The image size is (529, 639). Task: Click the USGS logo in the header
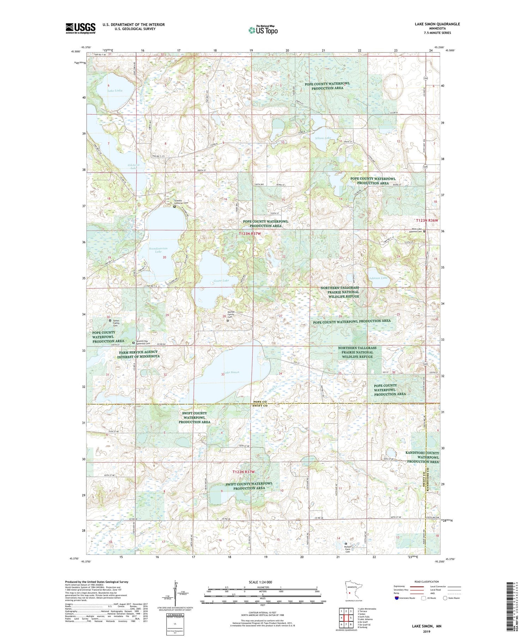(80, 28)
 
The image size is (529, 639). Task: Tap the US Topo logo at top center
(263, 30)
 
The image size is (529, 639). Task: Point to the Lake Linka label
(115, 91)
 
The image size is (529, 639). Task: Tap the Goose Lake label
(221, 281)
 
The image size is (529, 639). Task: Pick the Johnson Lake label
(378, 278)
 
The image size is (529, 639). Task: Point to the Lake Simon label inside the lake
(232, 372)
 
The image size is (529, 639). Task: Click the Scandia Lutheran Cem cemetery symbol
(174, 207)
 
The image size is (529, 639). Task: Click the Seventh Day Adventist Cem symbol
(133, 343)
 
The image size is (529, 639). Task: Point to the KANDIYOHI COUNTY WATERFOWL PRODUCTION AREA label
(423, 457)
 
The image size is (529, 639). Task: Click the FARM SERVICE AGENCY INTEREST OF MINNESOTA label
(139, 354)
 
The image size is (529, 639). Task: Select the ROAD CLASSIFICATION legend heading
(426, 582)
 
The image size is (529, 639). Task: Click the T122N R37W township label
(243, 471)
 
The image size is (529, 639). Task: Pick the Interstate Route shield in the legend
(396, 598)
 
